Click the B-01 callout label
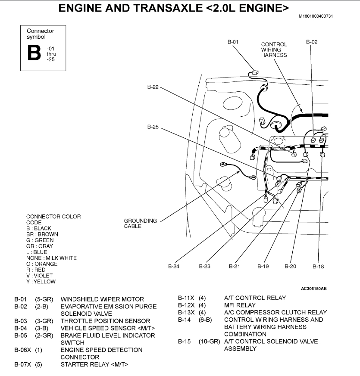[x=233, y=42]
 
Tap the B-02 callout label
[x=312, y=42]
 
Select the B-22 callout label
[x=153, y=87]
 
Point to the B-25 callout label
[x=153, y=127]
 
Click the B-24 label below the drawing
[x=173, y=267]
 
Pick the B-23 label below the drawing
[x=205, y=267]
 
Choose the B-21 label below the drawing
[x=234, y=267]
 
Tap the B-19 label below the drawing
[x=263, y=267]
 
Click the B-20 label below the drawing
[x=291, y=267]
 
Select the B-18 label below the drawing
[x=318, y=267]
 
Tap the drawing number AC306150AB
[x=313, y=288]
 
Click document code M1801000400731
[x=316, y=16]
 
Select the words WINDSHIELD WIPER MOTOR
[x=102, y=299]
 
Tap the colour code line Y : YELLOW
[x=41, y=282]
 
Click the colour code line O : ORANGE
[x=42, y=264]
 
